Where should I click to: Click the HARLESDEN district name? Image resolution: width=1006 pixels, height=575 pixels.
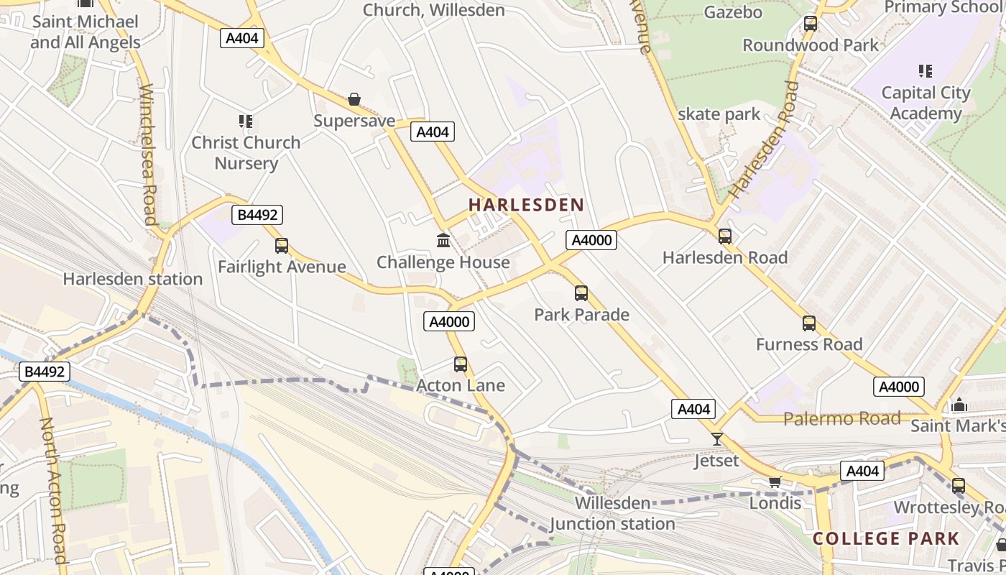click(526, 205)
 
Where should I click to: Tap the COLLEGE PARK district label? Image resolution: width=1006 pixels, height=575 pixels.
click(885, 538)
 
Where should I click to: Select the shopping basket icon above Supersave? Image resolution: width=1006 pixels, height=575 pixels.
click(354, 99)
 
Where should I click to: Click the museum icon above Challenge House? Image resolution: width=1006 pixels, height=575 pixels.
click(443, 240)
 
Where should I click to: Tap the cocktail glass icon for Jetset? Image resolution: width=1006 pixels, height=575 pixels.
click(716, 439)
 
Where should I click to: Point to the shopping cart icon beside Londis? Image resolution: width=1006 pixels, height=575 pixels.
click(775, 482)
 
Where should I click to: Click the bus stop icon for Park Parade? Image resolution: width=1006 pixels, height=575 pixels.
click(581, 293)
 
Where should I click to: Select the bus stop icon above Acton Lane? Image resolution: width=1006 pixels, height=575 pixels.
click(461, 364)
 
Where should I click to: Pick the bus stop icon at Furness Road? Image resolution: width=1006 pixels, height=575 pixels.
click(809, 323)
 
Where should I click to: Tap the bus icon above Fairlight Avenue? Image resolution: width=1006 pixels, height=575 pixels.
click(282, 246)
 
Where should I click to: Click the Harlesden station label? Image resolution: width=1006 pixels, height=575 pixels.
click(133, 279)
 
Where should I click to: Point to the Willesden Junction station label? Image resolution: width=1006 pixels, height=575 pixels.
click(612, 513)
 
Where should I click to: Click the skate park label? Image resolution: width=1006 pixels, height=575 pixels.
click(719, 114)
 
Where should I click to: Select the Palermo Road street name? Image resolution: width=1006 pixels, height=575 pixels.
click(841, 418)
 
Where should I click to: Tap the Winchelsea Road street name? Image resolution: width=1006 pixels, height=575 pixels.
click(148, 155)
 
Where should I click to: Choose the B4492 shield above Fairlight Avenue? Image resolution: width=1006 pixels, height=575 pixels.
click(257, 215)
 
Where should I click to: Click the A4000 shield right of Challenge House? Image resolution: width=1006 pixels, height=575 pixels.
click(591, 240)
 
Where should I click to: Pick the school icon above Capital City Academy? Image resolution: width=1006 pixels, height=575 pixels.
click(926, 71)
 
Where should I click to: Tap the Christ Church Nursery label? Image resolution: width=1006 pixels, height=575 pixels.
click(246, 152)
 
